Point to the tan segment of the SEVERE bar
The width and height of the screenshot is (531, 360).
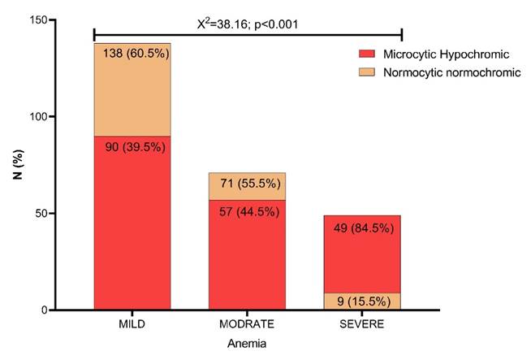[362, 301]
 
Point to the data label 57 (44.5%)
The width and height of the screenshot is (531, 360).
[248, 211]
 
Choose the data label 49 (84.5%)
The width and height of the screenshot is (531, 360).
[363, 228]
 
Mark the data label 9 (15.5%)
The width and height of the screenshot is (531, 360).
[363, 301]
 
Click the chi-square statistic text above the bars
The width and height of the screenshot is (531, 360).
[248, 23]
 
